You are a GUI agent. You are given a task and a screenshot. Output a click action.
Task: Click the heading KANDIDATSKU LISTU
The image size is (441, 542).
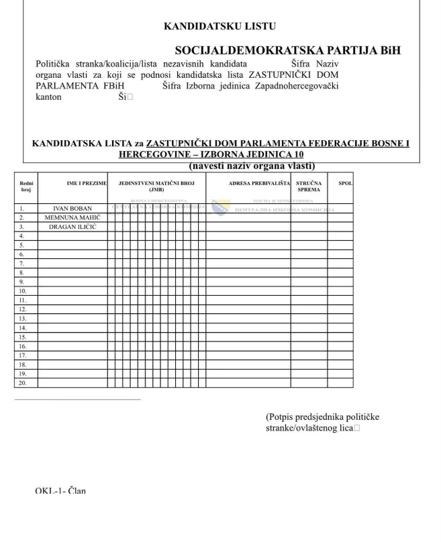coord(219,26)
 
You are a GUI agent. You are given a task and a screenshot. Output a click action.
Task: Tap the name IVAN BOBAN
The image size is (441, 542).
coord(72,209)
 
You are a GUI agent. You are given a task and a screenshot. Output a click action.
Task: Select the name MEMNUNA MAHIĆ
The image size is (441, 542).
coord(72,218)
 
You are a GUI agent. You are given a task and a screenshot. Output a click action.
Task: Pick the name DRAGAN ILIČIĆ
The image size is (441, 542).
coord(72,227)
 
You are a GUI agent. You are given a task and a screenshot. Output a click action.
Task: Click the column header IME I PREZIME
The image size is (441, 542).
coord(87,182)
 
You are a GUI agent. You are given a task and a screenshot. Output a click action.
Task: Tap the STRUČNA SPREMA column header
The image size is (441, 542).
coord(309,186)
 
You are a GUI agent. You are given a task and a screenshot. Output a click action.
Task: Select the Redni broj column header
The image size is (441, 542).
coord(26,186)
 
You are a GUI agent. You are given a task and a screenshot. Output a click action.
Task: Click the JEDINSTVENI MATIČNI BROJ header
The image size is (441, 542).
coord(156,186)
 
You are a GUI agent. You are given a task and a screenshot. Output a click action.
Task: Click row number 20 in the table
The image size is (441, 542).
coord(23,383)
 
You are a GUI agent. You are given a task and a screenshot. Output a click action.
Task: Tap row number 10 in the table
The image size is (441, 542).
coord(23,291)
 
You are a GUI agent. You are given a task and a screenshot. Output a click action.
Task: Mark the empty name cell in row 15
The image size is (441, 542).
coord(72,337)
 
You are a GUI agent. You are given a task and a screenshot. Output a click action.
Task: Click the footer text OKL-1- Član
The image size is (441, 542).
coord(60,491)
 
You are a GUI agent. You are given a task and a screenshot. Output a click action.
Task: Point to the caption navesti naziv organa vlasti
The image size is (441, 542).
coord(252,166)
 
